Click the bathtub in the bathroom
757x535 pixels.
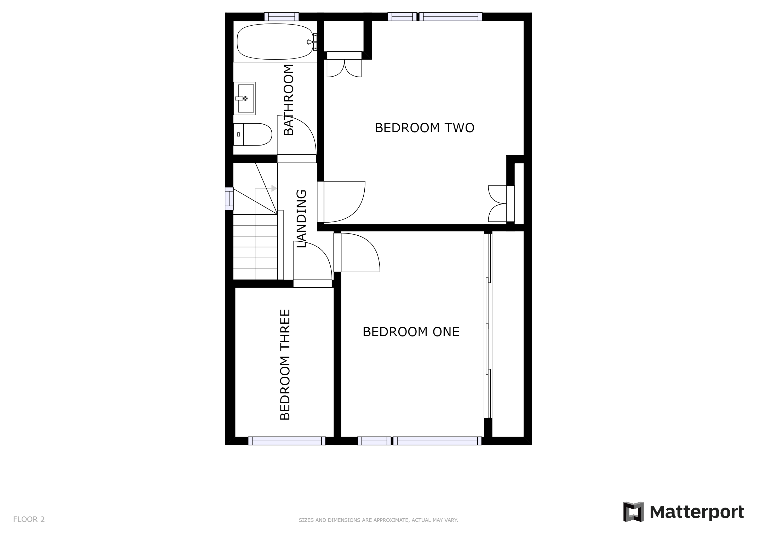click(x=275, y=42)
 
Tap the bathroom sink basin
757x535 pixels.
click(x=246, y=98)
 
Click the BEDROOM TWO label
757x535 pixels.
click(x=424, y=128)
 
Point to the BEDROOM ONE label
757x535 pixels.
click(x=411, y=332)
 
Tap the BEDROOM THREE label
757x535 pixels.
click(x=285, y=364)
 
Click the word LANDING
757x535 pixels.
click(x=302, y=219)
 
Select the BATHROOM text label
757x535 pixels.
click(x=289, y=100)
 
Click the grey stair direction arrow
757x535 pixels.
click(x=274, y=188)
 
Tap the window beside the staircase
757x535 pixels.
click(x=229, y=198)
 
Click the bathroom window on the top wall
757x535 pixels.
click(x=281, y=16)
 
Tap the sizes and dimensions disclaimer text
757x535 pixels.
click(x=378, y=520)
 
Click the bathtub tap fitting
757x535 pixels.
click(x=311, y=42)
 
